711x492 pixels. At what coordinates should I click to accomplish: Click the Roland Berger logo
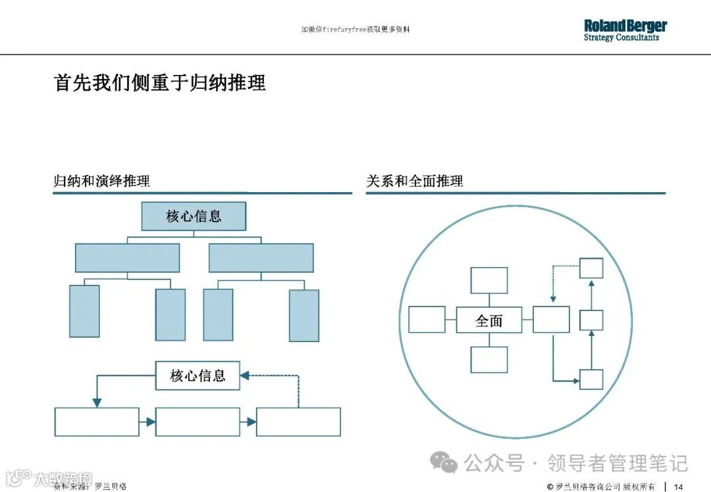[x=625, y=30]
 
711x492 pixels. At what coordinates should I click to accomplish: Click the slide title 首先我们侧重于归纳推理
[x=160, y=83]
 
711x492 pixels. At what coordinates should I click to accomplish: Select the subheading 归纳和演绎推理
[x=102, y=181]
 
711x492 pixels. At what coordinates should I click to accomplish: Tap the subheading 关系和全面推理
[x=415, y=181]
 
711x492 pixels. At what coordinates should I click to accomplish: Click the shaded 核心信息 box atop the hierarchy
[x=194, y=216]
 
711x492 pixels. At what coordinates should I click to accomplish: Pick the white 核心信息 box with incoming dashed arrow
[x=197, y=376]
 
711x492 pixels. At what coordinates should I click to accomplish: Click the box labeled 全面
[x=489, y=320]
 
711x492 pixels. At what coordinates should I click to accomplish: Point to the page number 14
[x=679, y=486]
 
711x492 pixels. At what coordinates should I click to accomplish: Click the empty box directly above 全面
[x=489, y=280]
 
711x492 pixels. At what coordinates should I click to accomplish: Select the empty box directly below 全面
[x=489, y=360]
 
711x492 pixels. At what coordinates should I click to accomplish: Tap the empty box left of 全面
[x=427, y=320]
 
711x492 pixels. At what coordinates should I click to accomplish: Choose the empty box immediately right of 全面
[x=551, y=320]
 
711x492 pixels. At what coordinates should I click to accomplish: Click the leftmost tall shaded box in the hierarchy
[x=84, y=311]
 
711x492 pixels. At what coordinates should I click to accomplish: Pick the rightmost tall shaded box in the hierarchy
[x=304, y=315]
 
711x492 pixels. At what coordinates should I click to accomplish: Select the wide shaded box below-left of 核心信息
[x=127, y=258]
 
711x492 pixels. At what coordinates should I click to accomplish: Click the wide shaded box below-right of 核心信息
[x=261, y=258]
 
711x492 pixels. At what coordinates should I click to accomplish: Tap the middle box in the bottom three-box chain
[x=198, y=422]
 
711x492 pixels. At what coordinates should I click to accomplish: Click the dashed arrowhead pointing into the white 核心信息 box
[x=244, y=376]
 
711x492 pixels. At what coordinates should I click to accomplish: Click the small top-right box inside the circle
[x=591, y=268]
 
